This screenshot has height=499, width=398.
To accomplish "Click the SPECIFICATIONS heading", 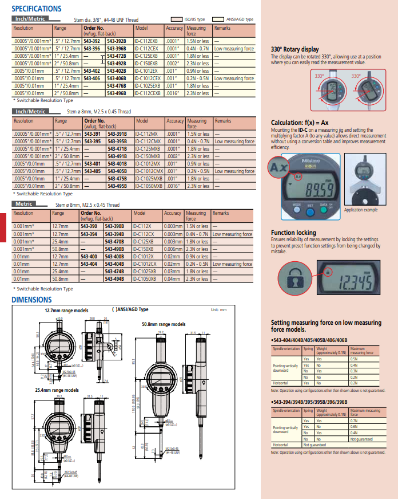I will (37, 9).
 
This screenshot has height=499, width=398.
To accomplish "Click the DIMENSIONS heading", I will (32, 300).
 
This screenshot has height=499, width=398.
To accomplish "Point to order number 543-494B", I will (116, 278).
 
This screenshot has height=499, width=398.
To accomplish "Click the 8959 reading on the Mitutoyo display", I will (314, 190).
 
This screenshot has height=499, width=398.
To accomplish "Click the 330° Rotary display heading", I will (294, 50).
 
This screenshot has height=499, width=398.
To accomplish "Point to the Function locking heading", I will (293, 233).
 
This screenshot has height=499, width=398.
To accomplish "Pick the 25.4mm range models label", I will (57, 390).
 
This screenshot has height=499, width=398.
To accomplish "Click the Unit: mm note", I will (218, 309).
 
